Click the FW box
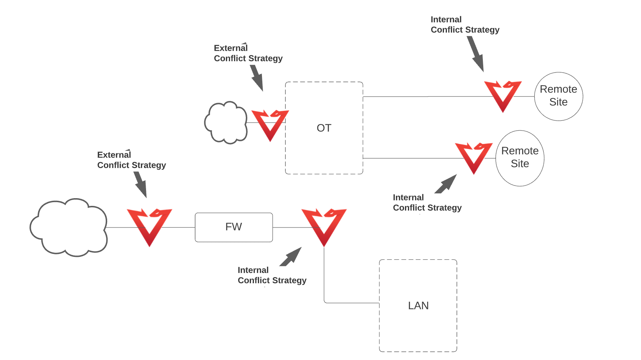click(x=234, y=227)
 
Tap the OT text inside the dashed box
click(x=324, y=128)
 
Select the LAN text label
click(x=418, y=306)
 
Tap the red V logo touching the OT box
click(x=270, y=124)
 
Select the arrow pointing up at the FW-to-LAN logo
click(x=291, y=257)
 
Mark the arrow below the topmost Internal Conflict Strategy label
click(x=476, y=54)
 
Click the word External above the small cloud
click(x=231, y=48)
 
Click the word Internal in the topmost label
click(x=446, y=19)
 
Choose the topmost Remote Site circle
click(x=558, y=96)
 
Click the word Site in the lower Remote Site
click(x=520, y=164)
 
